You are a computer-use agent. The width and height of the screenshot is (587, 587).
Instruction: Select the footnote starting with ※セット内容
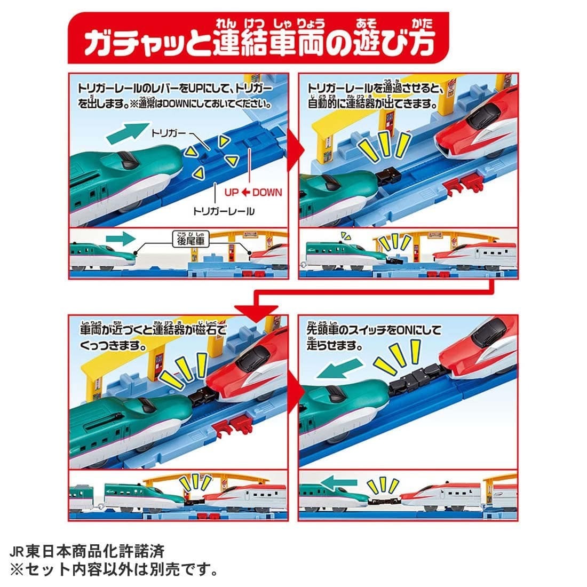[x=113, y=569]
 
